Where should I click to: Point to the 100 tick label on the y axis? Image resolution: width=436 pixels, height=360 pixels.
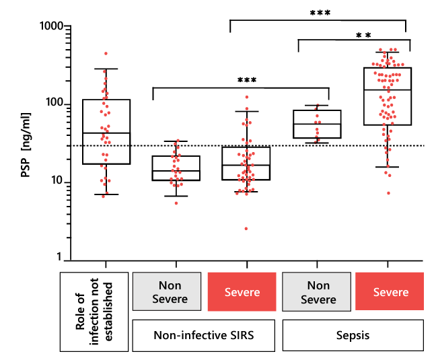pyautogui.click(x=52, y=104)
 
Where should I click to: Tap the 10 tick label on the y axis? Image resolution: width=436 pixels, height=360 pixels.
pyautogui.click(x=54, y=182)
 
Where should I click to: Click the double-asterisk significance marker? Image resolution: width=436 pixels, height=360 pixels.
pyautogui.click(x=364, y=36)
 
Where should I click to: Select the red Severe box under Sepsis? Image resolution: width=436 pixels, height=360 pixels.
pyautogui.click(x=390, y=293)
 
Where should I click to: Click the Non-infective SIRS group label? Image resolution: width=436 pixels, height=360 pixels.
pyautogui.click(x=205, y=334)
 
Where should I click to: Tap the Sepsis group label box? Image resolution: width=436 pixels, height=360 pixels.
pyautogui.click(x=353, y=334)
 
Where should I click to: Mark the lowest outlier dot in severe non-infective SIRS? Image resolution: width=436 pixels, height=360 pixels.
pyautogui.click(x=246, y=229)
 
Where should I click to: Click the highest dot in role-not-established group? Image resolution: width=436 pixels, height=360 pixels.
pyautogui.click(x=106, y=53)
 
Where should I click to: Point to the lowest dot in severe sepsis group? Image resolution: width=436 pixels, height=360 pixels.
pyautogui.click(x=388, y=193)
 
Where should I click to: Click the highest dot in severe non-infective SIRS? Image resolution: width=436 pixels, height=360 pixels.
pyautogui.click(x=247, y=97)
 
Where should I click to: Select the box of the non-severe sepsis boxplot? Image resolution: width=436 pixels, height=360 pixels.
pyautogui.click(x=318, y=124)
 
